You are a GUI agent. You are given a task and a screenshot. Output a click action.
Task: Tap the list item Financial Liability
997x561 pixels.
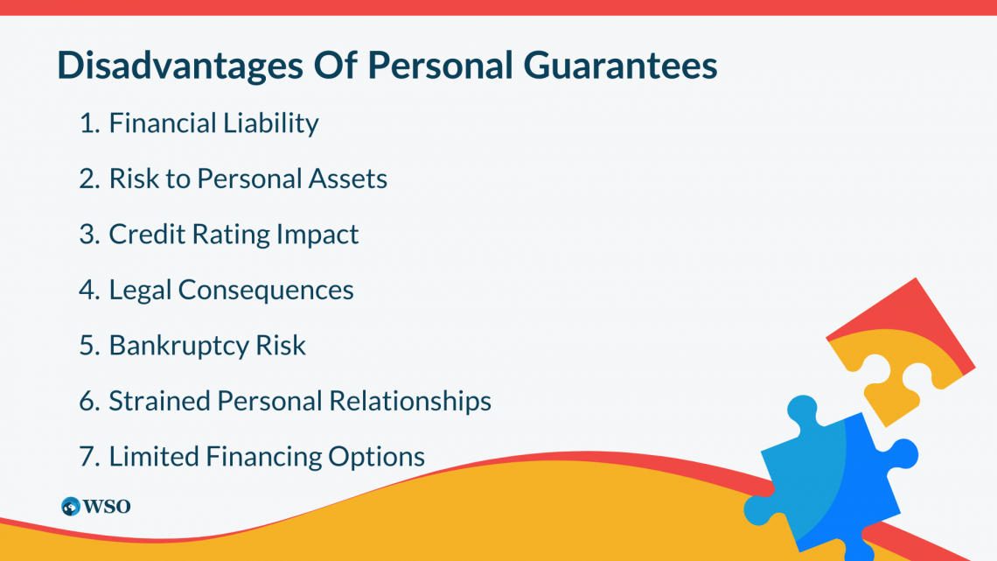click(x=213, y=123)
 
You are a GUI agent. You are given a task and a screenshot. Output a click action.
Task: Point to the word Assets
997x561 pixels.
click(x=349, y=179)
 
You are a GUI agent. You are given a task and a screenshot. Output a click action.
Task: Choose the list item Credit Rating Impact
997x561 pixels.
click(x=234, y=235)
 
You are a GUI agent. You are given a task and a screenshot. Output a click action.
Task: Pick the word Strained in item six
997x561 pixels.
click(x=159, y=401)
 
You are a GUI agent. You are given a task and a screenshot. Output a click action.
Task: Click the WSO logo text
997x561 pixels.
click(x=107, y=507)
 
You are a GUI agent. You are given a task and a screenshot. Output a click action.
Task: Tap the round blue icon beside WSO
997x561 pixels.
click(x=71, y=507)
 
